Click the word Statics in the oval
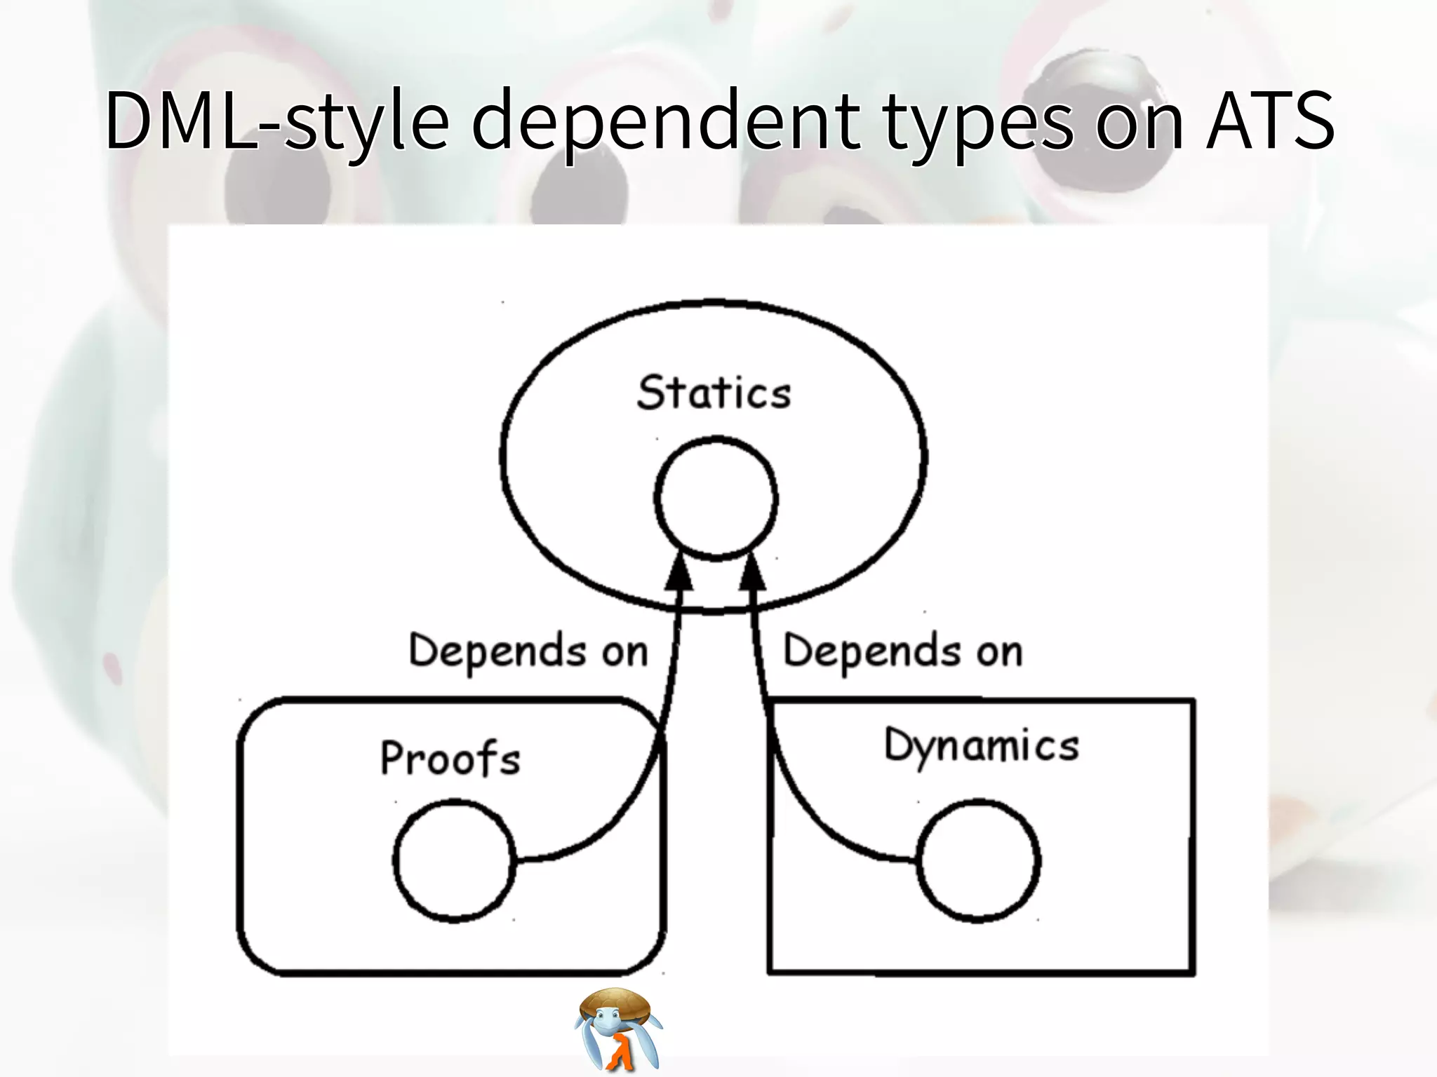pos(714,393)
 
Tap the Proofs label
pos(450,759)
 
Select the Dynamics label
pos(981,746)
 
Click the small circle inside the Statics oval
pos(716,499)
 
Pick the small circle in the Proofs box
pos(454,860)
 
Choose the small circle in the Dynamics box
pos(978,860)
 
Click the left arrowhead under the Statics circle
pos(679,571)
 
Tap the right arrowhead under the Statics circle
pos(752,571)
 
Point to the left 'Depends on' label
pos(528,651)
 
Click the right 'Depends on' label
pos(902,651)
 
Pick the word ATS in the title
pos(1270,121)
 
